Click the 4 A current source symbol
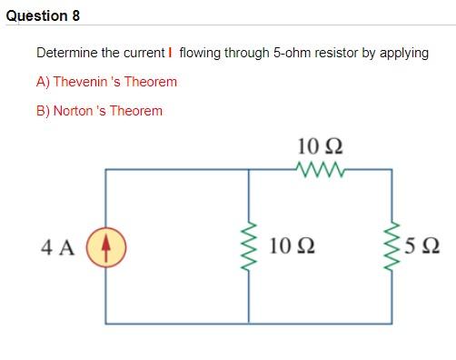(x=106, y=245)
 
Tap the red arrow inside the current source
(x=106, y=245)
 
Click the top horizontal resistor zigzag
(x=321, y=168)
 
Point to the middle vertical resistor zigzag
(x=249, y=245)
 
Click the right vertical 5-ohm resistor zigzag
(x=392, y=245)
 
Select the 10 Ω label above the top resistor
(x=321, y=145)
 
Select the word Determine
(x=67, y=53)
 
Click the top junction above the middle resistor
(x=249, y=169)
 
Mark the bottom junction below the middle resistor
(x=249, y=322)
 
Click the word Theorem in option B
(x=135, y=111)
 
